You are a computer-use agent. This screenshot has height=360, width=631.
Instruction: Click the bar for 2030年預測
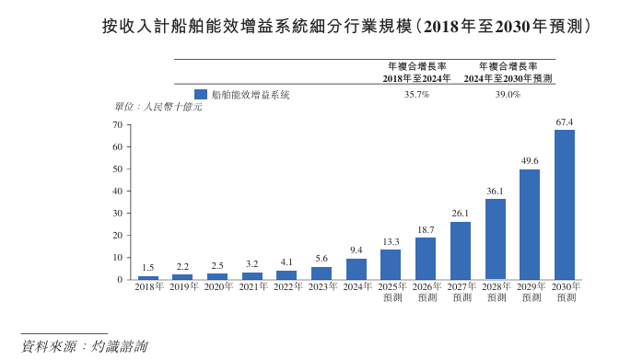(564, 204)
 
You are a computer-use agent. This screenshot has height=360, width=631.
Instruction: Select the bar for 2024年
(356, 269)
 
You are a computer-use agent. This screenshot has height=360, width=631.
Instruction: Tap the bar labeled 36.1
(496, 239)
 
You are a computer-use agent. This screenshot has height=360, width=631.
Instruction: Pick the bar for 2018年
(148, 278)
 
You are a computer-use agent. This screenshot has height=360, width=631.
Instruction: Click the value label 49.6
(530, 161)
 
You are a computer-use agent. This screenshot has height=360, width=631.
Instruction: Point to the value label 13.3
(391, 242)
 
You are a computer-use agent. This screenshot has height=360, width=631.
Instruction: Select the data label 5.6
(321, 259)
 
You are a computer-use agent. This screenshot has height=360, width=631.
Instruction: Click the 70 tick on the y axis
(118, 125)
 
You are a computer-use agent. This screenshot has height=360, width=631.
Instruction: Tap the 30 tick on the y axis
(118, 214)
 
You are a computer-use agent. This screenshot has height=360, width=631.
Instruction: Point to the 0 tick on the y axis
(120, 280)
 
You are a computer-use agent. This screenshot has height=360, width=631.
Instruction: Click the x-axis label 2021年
(253, 286)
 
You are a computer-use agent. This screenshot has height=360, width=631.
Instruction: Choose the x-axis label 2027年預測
(462, 293)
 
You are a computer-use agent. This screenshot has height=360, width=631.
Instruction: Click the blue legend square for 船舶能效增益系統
(201, 94)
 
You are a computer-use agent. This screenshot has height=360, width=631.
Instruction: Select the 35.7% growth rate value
(417, 95)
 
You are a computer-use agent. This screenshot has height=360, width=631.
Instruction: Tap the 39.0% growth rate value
(508, 95)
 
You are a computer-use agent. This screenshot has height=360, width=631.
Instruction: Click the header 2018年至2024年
(416, 78)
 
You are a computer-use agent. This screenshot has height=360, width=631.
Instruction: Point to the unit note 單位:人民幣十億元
(158, 107)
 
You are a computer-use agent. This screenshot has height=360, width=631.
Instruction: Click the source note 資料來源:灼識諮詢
(85, 346)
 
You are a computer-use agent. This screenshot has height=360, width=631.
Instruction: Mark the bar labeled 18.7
(426, 259)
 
